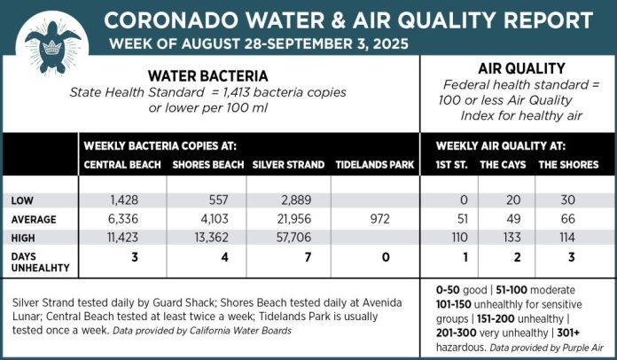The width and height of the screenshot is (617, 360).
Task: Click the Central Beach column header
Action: (x=121, y=165)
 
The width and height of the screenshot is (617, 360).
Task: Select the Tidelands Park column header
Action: (x=371, y=165)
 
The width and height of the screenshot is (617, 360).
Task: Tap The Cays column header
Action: (x=501, y=165)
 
